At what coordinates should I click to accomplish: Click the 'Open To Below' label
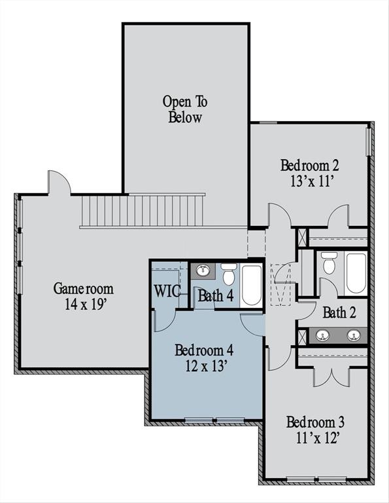185,110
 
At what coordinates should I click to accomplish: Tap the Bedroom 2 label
309,165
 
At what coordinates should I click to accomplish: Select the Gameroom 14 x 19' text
83,295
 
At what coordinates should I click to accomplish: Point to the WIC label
168,291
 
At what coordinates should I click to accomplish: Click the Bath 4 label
215,295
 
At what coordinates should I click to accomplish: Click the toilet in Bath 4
228,274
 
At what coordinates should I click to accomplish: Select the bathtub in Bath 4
252,284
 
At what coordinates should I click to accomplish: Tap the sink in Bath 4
203,270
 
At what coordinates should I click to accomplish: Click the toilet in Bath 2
329,263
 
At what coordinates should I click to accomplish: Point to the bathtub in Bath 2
356,272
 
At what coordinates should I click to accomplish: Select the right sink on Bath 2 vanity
354,336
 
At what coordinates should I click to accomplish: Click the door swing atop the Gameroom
59,183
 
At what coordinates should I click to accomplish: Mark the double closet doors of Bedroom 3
331,377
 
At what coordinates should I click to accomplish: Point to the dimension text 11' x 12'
316,437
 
